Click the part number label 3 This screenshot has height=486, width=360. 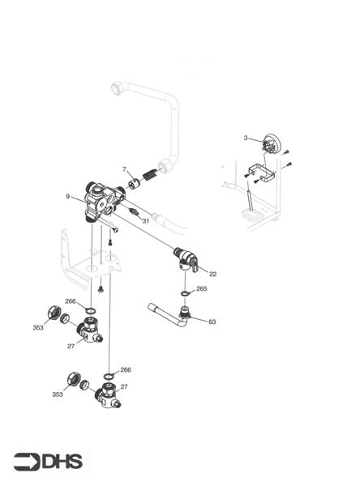coord(245,139)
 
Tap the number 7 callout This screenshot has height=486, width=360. coord(124,169)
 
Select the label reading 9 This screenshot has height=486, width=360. coord(68,196)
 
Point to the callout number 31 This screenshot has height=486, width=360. coord(146,221)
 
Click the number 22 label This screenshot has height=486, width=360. coord(212,274)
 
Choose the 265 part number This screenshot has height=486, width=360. coord(202,288)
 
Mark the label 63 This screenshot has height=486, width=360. coord(212,322)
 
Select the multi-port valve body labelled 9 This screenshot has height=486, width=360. coord(101,202)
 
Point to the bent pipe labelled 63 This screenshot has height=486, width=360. coord(170,313)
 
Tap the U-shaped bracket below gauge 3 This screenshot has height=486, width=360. coord(259,173)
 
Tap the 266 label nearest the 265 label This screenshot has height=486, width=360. coord(71,301)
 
